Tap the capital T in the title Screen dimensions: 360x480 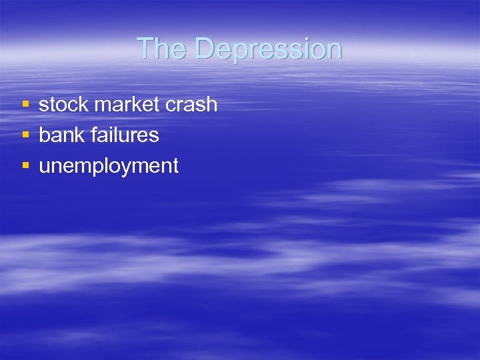[x=143, y=49]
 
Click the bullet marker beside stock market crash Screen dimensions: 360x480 [x=25, y=105]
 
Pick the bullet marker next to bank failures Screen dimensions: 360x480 [x=25, y=135]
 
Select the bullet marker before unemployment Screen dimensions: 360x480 [x=25, y=166]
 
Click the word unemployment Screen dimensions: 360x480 [x=109, y=166]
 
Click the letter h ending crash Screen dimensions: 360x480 [x=213, y=104]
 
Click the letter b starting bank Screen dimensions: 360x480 [x=44, y=135]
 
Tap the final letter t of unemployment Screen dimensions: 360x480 [x=175, y=166]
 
